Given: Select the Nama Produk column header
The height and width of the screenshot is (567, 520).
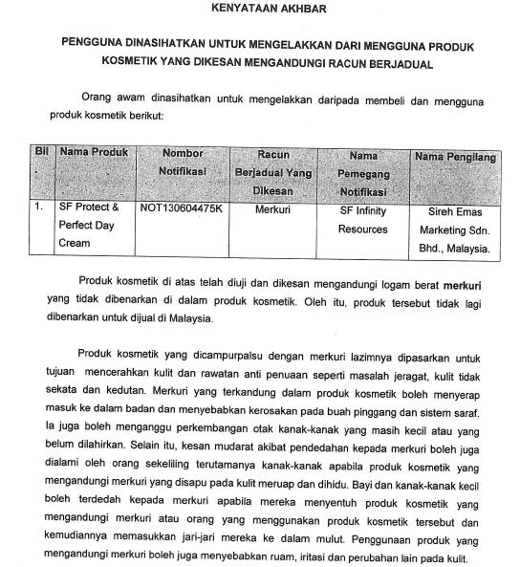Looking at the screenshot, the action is pyautogui.click(x=94, y=153).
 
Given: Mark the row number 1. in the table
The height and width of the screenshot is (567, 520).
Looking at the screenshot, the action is pyautogui.click(x=39, y=207).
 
